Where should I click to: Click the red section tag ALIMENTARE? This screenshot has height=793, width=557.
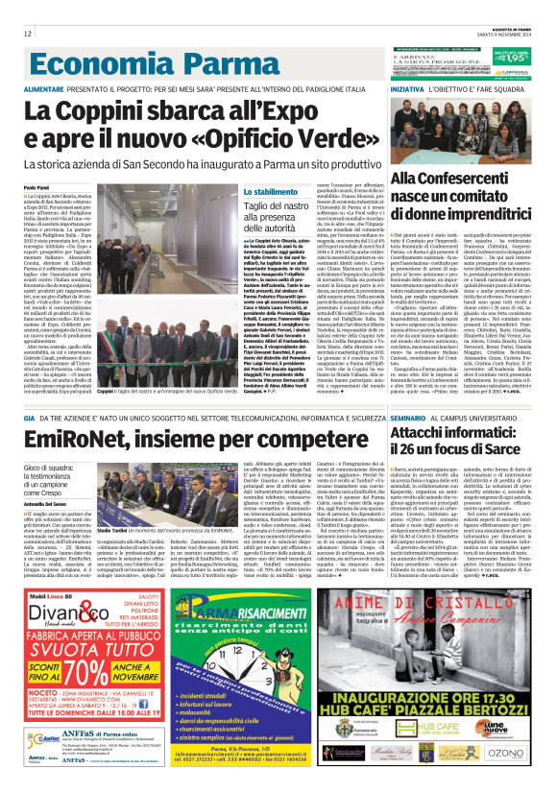point(44,88)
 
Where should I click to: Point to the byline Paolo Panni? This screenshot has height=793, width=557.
point(36,187)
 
